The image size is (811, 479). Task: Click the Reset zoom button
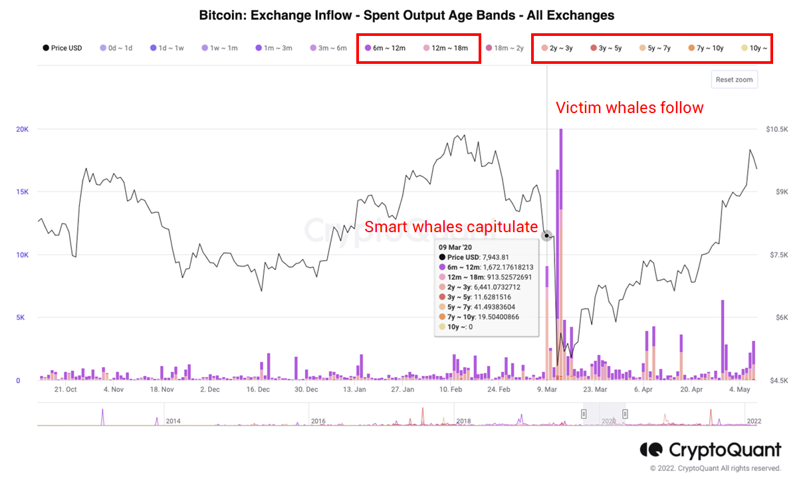[x=734, y=80]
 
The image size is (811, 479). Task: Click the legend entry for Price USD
[x=62, y=48]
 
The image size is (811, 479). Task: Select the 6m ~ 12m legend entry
[x=386, y=48]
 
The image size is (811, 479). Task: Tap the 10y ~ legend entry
[x=754, y=48]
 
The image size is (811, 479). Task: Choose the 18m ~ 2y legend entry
[x=505, y=48]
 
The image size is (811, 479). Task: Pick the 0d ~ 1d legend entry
[x=116, y=48]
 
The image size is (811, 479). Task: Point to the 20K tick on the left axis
[x=22, y=129]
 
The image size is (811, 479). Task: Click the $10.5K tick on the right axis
[x=777, y=129]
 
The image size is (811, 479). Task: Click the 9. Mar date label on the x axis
[x=546, y=390]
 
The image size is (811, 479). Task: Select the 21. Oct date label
[x=66, y=390]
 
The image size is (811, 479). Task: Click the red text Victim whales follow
[x=629, y=107]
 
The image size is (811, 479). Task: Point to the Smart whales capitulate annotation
[x=451, y=226]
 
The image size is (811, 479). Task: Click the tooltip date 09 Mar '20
[x=456, y=246]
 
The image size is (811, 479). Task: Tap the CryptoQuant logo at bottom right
[x=710, y=450]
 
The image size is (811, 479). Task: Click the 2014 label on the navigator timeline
[x=174, y=421]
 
